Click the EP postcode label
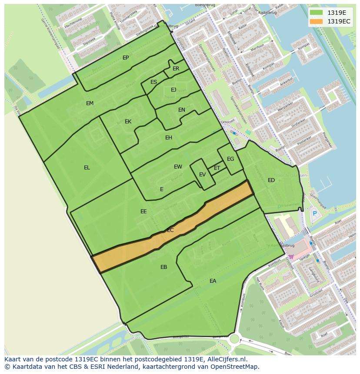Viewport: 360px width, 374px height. click(x=126, y=58)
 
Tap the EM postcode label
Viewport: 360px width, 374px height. click(x=90, y=103)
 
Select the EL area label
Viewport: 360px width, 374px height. click(x=87, y=168)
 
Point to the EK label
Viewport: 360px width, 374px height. click(x=128, y=122)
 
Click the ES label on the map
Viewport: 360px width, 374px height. click(x=153, y=82)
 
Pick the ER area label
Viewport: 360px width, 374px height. click(x=176, y=69)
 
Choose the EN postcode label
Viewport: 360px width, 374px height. click(x=182, y=110)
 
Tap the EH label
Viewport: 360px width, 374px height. click(x=169, y=138)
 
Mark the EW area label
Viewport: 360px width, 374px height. click(x=178, y=167)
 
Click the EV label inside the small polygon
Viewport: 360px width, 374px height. click(x=202, y=175)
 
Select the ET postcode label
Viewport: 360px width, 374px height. click(x=217, y=168)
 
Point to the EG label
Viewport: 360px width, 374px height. click(x=230, y=159)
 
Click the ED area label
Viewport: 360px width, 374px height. click(x=271, y=180)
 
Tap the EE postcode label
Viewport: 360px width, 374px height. click(x=143, y=212)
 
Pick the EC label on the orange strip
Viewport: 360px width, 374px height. click(x=170, y=230)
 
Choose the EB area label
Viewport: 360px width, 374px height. click(x=163, y=267)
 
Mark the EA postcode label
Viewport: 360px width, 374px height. click(x=213, y=281)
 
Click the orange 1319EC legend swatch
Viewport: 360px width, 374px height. click(x=317, y=21)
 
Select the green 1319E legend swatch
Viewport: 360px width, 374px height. click(x=317, y=13)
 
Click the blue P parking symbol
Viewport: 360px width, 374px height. click(x=314, y=213)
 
